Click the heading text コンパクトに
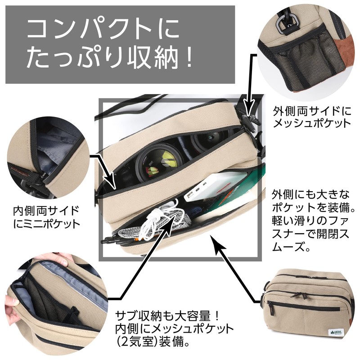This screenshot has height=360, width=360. tap(103, 29)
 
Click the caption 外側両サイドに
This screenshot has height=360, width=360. tap(312, 111)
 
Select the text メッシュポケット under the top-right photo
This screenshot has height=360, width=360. tap(312, 123)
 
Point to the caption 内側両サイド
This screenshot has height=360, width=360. tap(46, 211)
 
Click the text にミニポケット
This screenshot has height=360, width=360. tap(46, 224)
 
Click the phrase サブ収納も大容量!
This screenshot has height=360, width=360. tap(167, 316)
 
